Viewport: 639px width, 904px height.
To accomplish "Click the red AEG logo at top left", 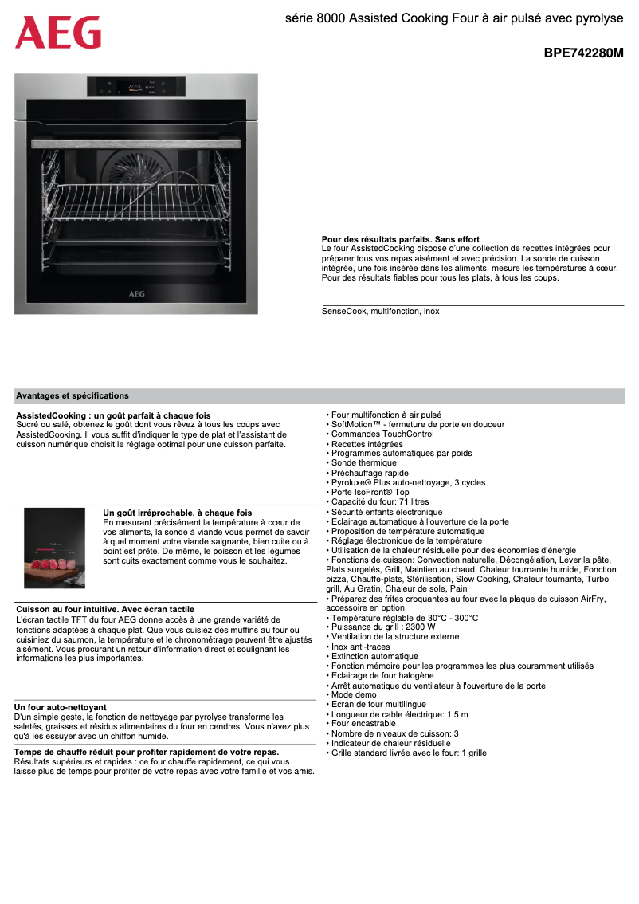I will [x=58, y=33].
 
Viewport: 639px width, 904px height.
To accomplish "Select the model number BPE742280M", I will [x=583, y=54].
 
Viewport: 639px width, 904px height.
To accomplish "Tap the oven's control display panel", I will [x=135, y=86].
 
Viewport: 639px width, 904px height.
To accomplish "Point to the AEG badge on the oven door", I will [x=136, y=294].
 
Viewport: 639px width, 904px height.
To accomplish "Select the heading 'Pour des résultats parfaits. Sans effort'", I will [x=400, y=239].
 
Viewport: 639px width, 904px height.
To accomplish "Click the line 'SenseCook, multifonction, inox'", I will [x=380, y=312].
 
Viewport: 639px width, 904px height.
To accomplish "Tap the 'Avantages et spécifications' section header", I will [x=73, y=396].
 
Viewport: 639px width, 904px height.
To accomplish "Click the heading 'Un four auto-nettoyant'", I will [x=61, y=707].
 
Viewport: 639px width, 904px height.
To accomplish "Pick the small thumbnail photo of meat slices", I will [x=54, y=548].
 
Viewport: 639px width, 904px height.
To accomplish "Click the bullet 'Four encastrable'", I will [x=363, y=724].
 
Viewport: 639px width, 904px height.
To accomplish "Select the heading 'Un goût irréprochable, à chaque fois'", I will [x=178, y=513].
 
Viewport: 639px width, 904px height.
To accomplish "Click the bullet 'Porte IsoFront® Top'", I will [x=370, y=493].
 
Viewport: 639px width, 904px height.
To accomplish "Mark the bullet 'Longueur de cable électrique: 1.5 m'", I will [x=399, y=714].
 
